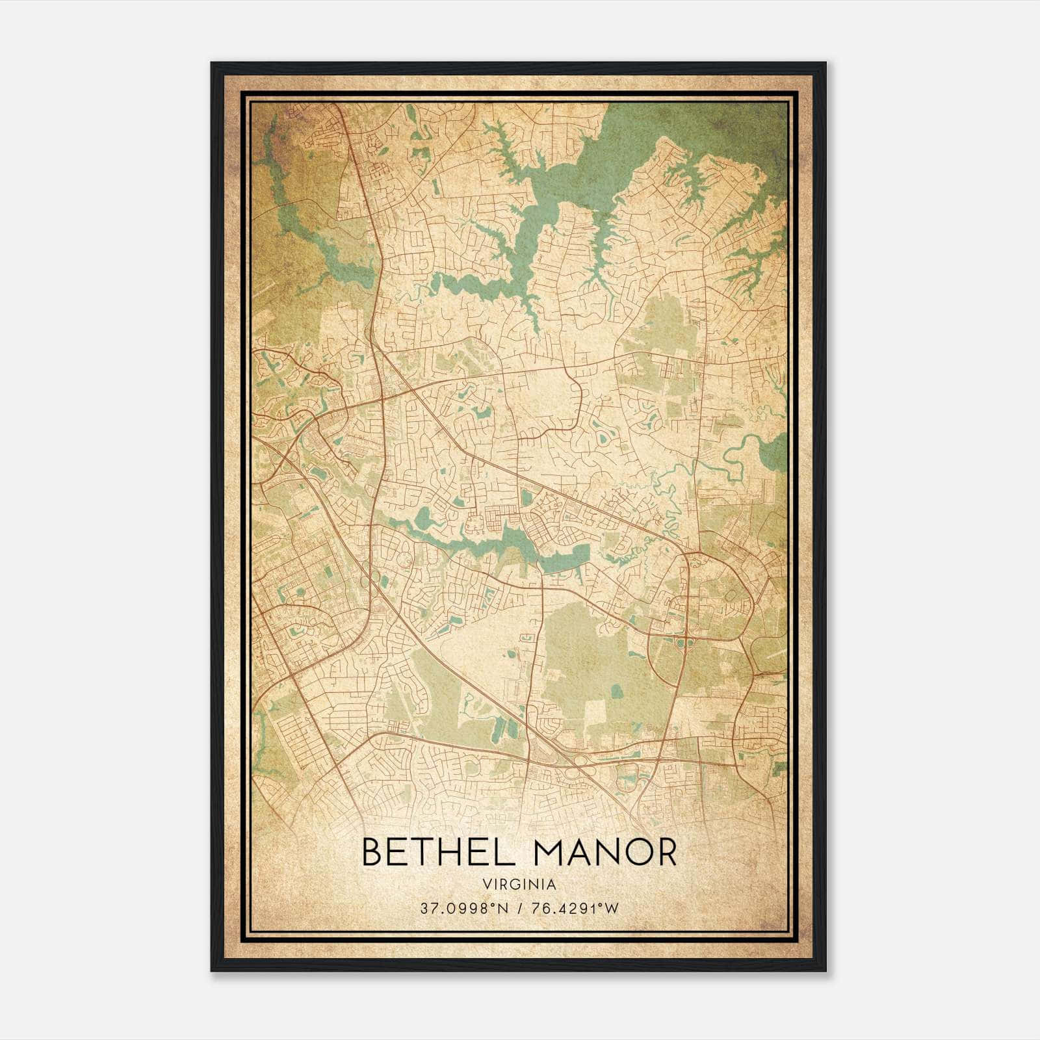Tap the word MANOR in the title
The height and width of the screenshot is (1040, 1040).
tap(605, 853)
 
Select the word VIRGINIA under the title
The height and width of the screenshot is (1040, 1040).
tap(519, 885)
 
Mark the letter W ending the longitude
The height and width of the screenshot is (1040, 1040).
tap(612, 909)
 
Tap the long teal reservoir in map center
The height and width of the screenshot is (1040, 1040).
tap(494, 539)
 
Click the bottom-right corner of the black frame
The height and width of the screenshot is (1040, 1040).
tap(825, 971)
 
